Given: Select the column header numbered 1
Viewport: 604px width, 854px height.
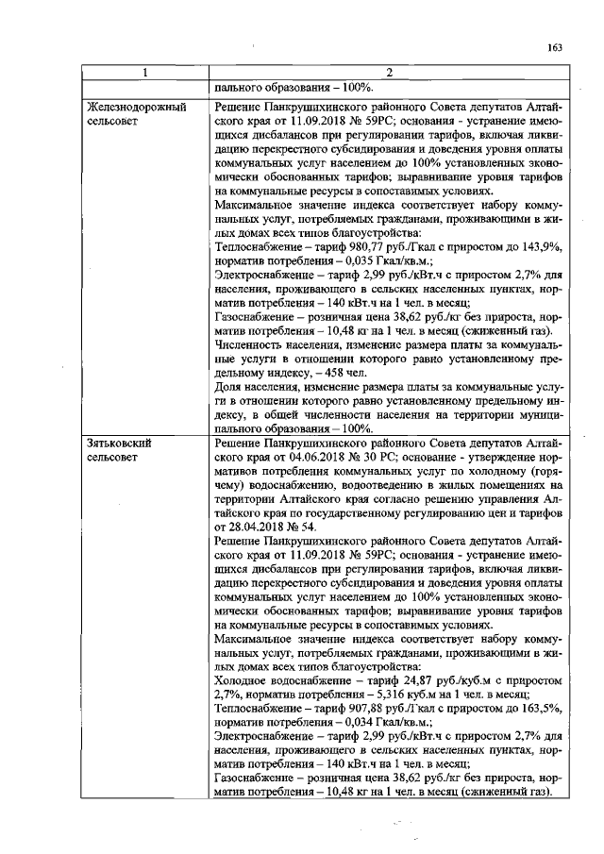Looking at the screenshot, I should click(x=144, y=73).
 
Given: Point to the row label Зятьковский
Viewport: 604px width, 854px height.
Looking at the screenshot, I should click(x=119, y=441).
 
